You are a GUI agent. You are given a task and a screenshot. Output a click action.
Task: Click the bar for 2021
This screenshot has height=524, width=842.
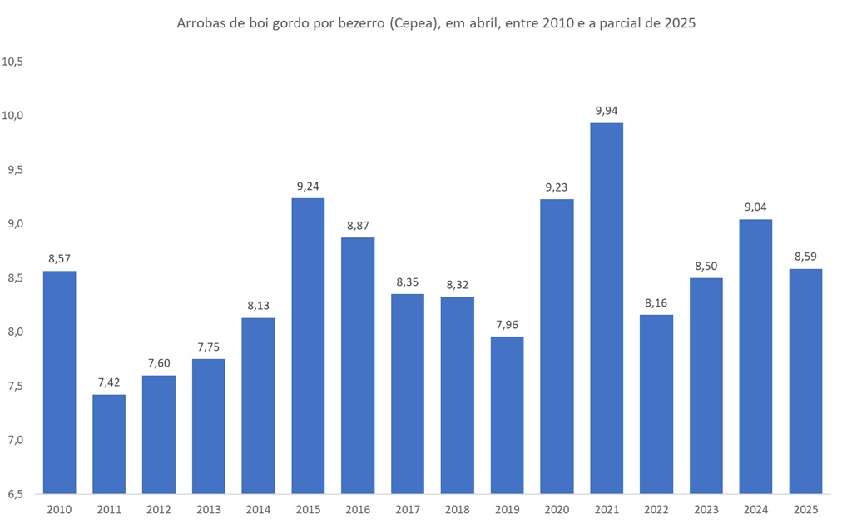coord(607,308)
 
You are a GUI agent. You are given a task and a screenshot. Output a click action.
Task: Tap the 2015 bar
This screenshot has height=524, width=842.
coord(308,346)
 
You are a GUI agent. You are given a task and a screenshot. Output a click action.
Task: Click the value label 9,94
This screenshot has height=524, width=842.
coord(607,110)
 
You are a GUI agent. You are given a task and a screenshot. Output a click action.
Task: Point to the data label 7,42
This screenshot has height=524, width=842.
coord(109,382)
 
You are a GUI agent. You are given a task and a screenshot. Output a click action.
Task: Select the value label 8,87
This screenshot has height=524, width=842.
coord(358,225)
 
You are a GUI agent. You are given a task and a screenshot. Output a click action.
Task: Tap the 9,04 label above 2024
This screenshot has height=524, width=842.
coord(755,207)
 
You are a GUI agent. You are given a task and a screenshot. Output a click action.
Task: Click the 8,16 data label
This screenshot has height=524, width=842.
coord(656,302)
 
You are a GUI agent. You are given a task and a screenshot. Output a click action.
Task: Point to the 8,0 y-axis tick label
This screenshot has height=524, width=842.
coord(17,332)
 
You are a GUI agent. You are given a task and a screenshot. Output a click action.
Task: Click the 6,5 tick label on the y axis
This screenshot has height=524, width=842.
coord(17,494)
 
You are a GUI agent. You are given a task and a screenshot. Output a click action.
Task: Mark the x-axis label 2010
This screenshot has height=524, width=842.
coord(59,509)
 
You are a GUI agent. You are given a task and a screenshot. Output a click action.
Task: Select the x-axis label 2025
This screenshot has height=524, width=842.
coord(805,509)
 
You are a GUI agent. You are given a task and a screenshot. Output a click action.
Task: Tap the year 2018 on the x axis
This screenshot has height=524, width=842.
coord(457,509)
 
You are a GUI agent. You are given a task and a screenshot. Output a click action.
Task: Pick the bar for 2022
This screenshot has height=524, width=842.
coord(656,404)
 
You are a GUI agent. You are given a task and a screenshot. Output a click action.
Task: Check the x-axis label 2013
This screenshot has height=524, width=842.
coord(208,509)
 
